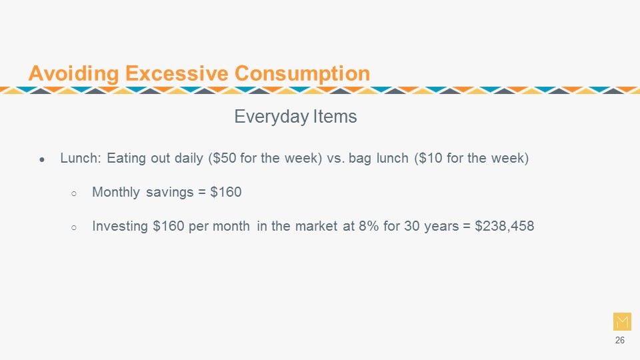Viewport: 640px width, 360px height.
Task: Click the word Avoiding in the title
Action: click(73, 73)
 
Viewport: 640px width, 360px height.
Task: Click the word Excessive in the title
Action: click(177, 73)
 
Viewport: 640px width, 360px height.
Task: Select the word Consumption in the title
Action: click(302, 74)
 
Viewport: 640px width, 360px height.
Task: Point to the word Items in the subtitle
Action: click(335, 116)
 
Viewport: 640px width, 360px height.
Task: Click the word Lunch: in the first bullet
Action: click(81, 158)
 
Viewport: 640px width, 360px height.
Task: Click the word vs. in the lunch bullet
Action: click(335, 159)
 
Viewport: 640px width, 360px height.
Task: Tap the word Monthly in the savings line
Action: click(116, 192)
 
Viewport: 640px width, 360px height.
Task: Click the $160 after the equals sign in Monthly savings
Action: click(226, 192)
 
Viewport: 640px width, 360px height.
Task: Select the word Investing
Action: click(120, 226)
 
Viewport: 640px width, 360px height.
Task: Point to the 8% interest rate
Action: click(369, 226)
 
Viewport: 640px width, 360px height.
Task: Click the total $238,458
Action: click(505, 226)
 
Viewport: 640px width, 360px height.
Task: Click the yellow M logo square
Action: click(622, 321)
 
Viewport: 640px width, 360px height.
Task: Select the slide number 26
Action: click(619, 341)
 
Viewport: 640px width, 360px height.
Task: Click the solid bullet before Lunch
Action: click(42, 160)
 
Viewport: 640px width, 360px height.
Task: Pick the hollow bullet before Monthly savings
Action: click(74, 194)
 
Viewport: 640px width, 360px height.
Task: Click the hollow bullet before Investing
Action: click(74, 228)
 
